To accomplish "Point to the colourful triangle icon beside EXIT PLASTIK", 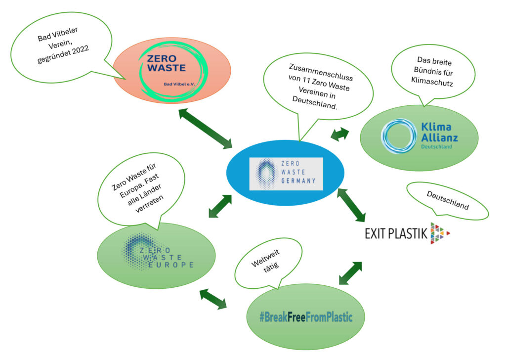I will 439,233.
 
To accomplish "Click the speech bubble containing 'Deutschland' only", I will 447,200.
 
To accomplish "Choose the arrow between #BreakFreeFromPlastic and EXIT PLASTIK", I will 350,273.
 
